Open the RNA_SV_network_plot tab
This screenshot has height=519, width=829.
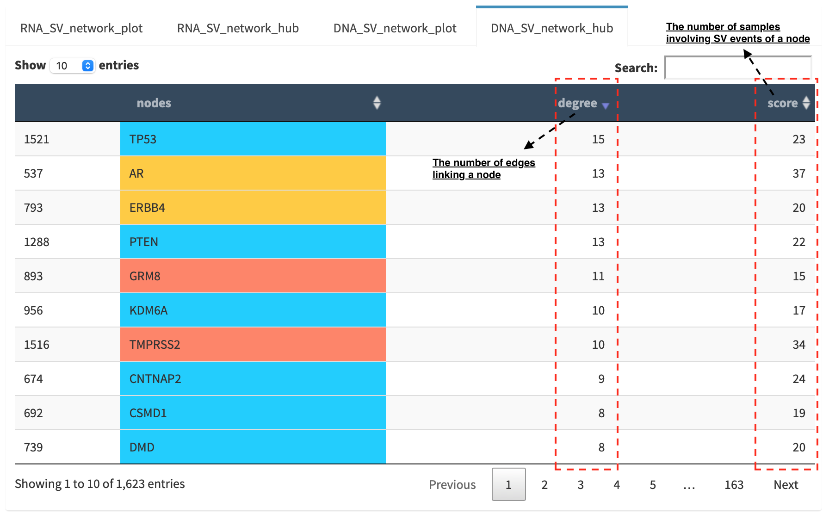[x=81, y=28]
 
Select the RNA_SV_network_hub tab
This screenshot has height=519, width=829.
[x=238, y=28]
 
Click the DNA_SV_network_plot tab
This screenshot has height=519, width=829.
[x=395, y=28]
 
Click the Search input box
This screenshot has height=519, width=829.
[x=738, y=68]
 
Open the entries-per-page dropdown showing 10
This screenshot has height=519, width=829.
[x=73, y=66]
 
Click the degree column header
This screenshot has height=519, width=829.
[x=577, y=103]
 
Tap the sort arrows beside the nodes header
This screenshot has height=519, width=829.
[x=377, y=103]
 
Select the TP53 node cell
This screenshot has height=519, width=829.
[x=253, y=139]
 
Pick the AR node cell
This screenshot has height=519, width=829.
[x=253, y=173]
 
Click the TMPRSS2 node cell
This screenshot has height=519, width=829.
[x=253, y=345]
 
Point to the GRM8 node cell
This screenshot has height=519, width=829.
[x=253, y=276]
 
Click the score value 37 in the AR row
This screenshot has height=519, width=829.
[x=799, y=173]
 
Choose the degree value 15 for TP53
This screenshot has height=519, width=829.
[x=598, y=139]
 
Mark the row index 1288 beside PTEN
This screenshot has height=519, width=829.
[x=37, y=242]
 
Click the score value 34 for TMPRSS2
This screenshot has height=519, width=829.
[x=799, y=345]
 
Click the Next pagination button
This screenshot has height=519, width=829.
[x=786, y=485]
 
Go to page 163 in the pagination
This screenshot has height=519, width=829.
[x=734, y=485]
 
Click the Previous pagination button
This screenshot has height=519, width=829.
[x=452, y=485]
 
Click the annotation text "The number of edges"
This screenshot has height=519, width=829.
[x=484, y=163]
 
